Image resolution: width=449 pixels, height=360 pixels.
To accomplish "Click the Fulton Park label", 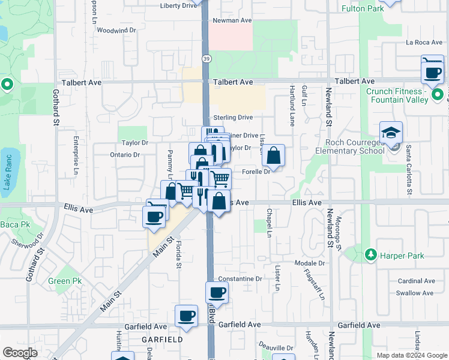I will tap(379, 9).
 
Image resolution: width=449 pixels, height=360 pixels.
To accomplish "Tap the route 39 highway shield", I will tap(206, 58).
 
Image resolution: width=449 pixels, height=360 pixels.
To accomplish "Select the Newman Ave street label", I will tap(234, 20).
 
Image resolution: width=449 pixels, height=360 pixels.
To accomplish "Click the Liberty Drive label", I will tap(179, 6).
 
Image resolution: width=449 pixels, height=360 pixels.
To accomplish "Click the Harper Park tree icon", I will tap(370, 255).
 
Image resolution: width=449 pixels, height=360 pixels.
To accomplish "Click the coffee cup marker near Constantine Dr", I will tap(217, 292).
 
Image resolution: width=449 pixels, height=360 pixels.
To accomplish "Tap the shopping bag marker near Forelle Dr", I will tap(273, 156).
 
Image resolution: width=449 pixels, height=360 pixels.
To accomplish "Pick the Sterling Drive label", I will tap(233, 118).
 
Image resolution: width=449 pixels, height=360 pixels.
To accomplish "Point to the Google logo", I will tap(20, 353).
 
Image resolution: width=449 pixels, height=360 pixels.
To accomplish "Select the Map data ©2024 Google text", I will tap(412, 355).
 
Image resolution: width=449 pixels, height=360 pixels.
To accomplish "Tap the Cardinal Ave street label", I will tap(416, 281).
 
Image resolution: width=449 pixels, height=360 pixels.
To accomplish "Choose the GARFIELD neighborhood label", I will tap(162, 339).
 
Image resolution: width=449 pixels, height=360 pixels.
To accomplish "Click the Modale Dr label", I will tap(310, 263).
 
